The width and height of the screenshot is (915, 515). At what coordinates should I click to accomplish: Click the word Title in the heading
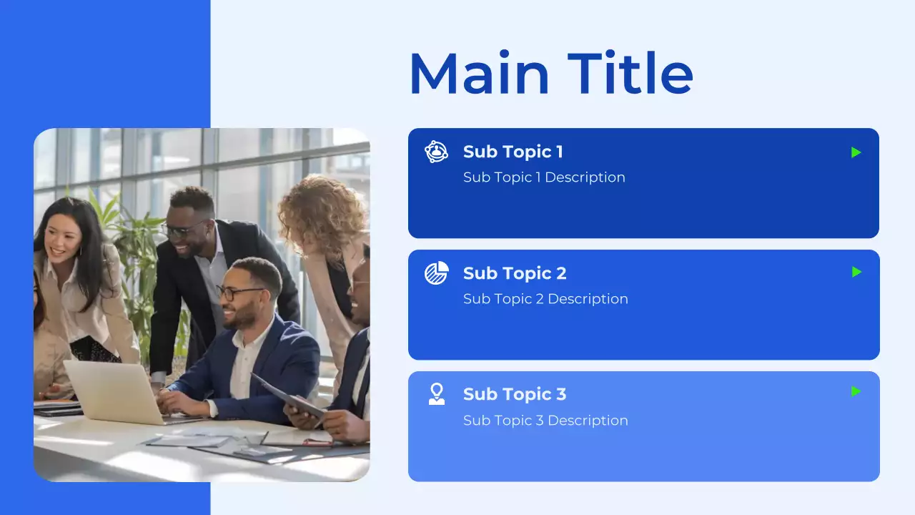click(x=630, y=74)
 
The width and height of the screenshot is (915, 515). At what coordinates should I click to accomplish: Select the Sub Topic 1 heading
click(x=513, y=152)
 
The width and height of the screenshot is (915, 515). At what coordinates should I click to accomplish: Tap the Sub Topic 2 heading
click(x=515, y=273)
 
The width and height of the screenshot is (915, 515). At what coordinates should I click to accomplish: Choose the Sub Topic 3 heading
click(x=515, y=394)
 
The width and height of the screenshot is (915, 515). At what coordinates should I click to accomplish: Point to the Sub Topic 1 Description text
click(x=544, y=177)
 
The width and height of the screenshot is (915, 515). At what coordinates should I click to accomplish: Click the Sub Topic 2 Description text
click(x=545, y=299)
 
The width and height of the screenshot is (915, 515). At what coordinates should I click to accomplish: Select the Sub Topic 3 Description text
click(x=545, y=421)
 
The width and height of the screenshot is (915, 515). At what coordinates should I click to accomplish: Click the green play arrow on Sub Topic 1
click(x=856, y=152)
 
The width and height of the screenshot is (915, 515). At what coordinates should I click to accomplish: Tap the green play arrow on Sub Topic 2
click(x=856, y=272)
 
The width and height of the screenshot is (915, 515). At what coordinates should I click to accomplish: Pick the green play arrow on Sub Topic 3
click(x=856, y=391)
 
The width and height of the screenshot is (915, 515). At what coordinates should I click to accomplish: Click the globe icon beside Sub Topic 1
click(x=436, y=152)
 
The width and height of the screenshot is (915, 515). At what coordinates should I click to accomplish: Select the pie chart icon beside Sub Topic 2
click(x=436, y=273)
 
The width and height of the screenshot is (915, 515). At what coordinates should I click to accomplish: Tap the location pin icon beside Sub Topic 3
click(x=436, y=394)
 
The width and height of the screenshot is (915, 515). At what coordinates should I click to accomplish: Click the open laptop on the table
click(x=114, y=392)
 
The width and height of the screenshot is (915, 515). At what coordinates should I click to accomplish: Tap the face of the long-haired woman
click(x=64, y=242)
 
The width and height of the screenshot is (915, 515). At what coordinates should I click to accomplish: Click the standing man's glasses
click(x=181, y=230)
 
